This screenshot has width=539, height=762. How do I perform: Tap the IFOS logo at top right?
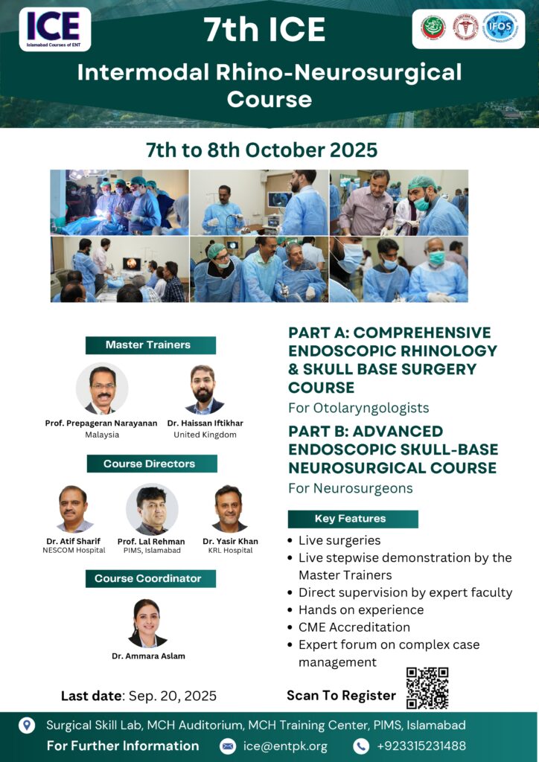pyautogui.click(x=500, y=28)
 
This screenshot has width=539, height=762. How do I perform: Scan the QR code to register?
pyautogui.click(x=427, y=688)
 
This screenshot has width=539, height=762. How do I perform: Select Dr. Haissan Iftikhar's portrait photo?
pyautogui.click(x=204, y=388)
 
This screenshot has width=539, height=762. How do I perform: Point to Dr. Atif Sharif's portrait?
pyautogui.click(x=74, y=508)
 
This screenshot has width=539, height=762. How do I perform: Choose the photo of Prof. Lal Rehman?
pyautogui.click(x=152, y=509)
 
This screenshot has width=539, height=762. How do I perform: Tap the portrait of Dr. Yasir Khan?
pyautogui.click(x=229, y=508)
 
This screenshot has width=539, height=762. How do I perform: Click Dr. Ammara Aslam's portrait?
pyautogui.click(x=147, y=622)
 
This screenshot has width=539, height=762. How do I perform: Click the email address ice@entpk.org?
pyautogui.click(x=286, y=746)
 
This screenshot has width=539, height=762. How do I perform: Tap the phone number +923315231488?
pyautogui.click(x=421, y=746)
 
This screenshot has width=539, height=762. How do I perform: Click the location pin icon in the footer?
pyautogui.click(x=26, y=725)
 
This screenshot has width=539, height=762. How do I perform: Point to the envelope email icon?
pyautogui.click(x=228, y=746)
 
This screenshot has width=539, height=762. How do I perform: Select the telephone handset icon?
pyautogui.click(x=361, y=746)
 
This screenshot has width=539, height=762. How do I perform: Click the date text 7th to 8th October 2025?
pyautogui.click(x=261, y=150)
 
